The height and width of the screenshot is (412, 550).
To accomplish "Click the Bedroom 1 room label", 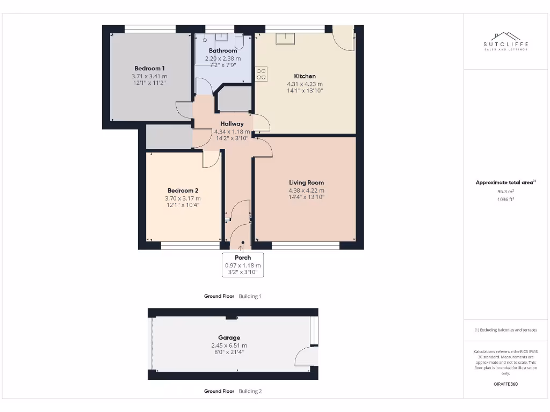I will coord(149,69).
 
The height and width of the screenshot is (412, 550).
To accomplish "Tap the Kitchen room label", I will coord(305,76).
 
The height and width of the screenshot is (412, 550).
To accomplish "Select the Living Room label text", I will coord(306,182).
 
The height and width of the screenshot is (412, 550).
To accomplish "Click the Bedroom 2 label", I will coord(183,190).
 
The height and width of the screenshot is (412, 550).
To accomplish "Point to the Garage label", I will coord(229,338).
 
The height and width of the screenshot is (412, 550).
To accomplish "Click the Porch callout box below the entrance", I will coord(243,264).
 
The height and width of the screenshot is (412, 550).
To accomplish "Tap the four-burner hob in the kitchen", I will coord(261,74).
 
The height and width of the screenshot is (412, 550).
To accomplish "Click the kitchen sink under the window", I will coord(285,39).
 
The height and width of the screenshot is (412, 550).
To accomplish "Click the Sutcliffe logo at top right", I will coord(506,41).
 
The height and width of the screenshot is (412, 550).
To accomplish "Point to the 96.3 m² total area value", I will coord(505,191).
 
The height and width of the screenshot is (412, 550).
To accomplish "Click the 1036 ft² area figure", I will coord(505,199).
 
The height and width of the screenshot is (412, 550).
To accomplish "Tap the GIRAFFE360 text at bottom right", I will coord(505,384).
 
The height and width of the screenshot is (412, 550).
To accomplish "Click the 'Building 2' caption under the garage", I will coord(250,391).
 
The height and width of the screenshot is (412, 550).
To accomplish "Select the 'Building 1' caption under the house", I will coord(250,296).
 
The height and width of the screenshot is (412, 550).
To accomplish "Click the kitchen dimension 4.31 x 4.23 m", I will coord(305,84).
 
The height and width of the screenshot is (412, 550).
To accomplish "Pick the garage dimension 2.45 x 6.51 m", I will coord(229,345).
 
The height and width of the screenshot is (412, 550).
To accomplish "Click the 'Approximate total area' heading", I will coord(504,183).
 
